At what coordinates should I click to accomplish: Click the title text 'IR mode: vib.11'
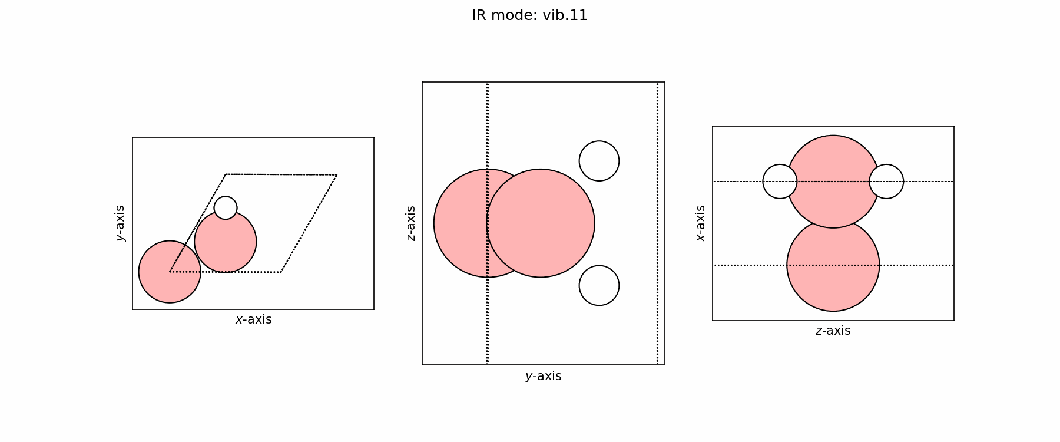pos(529,15)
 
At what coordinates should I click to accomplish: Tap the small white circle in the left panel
pos(226,208)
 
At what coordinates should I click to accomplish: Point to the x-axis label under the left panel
pos(253,319)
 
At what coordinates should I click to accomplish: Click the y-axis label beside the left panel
pos(120,223)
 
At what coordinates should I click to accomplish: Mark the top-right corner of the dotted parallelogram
pos(337,175)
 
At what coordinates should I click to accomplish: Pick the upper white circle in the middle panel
pos(599,161)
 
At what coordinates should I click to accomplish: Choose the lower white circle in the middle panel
pos(599,285)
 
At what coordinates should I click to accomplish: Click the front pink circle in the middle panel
pos(541,223)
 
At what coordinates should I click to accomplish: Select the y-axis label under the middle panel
pos(543,376)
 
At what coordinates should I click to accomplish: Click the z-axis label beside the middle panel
pos(410,223)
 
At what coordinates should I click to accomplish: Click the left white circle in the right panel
pos(779,182)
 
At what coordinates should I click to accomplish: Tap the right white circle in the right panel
pos(887,182)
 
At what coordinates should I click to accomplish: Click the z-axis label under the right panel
pos(833,331)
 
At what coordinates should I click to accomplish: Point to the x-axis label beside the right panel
pos(700,223)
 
